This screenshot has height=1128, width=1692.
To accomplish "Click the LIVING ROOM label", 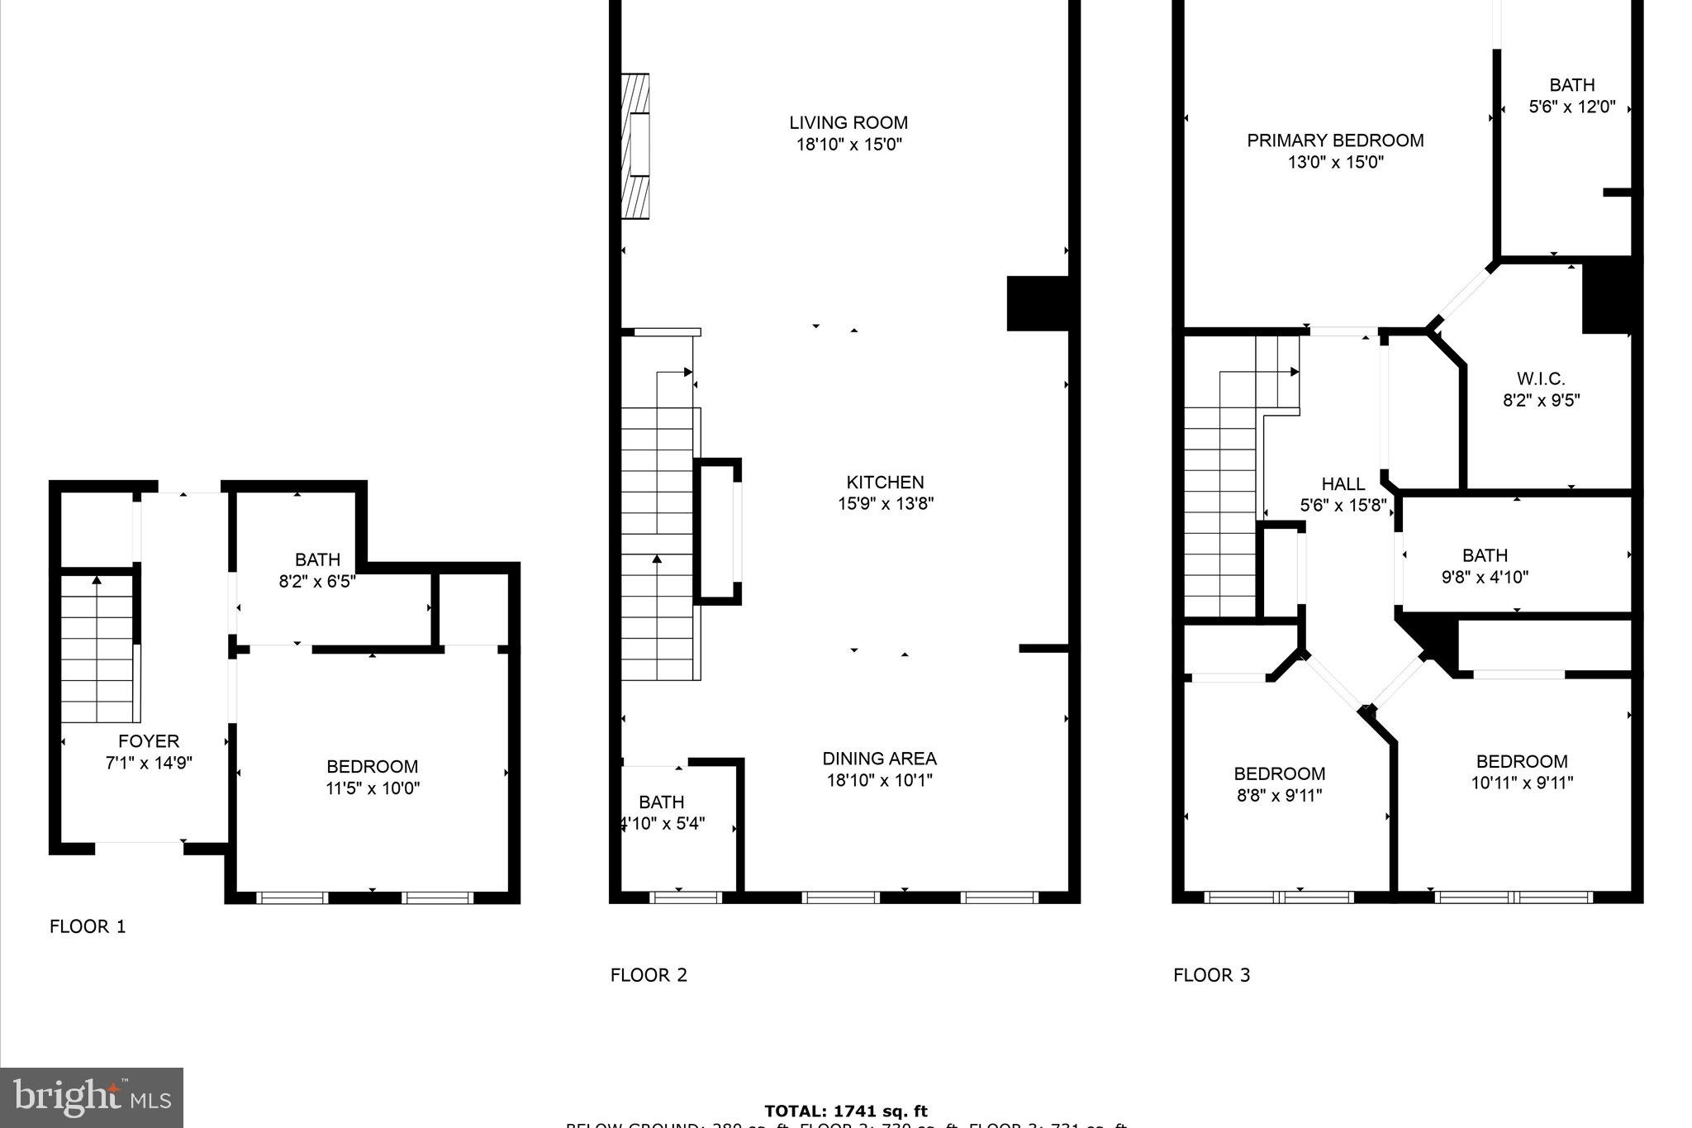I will tap(848, 123).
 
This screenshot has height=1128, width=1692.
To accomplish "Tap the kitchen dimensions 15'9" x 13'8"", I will tap(885, 503).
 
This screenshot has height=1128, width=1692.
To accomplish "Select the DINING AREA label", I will tap(879, 759).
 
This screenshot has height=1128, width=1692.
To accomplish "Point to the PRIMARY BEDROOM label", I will tap(1335, 140).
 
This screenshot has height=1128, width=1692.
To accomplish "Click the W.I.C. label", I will tap(1541, 378).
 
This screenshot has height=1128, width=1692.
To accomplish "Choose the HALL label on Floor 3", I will tap(1343, 483).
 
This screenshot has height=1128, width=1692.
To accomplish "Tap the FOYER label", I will tap(149, 741).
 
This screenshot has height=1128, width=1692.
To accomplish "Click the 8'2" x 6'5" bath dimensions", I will tap(317, 581).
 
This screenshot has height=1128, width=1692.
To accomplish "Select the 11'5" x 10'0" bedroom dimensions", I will tap(373, 788).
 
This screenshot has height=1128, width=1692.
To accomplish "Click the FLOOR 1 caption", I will tap(88, 926).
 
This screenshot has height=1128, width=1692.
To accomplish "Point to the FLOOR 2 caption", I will tap(649, 975).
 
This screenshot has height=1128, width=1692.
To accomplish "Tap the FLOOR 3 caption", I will tap(1211, 975).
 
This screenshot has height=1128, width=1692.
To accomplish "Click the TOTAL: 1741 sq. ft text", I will tap(845, 1111).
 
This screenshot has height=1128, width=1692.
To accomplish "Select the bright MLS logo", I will tap(92, 1097).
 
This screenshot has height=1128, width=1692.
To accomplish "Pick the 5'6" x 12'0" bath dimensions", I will tap(1571, 107).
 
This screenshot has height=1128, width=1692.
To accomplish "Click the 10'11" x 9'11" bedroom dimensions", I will tap(1522, 783).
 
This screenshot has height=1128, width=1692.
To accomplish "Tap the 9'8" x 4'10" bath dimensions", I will tap(1485, 577).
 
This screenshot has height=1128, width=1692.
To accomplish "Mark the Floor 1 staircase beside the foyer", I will tap(97, 649).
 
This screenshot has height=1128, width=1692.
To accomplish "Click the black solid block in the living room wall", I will tap(1037, 303).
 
